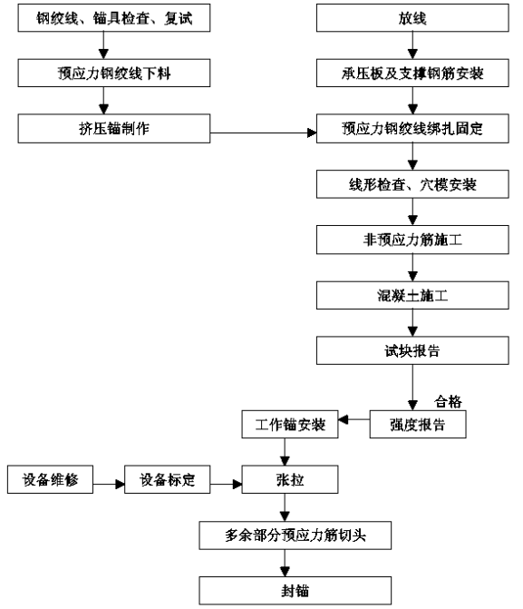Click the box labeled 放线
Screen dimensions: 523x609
click(412, 18)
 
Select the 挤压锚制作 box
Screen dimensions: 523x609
click(114, 129)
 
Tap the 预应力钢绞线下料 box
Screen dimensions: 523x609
click(114, 73)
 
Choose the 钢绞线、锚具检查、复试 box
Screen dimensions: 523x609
click(114, 18)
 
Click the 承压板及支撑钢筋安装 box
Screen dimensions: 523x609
click(412, 73)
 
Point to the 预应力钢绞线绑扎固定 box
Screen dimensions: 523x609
click(412, 129)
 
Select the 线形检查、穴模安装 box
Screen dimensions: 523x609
click(412, 184)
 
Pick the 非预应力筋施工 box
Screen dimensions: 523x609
click(412, 240)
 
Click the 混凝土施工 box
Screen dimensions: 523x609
click(412, 296)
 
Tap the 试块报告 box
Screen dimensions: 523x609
click(412, 350)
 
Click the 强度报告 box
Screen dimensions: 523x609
click(418, 425)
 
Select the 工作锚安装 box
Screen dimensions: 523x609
click(290, 425)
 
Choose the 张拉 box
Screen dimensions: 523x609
click(290, 479)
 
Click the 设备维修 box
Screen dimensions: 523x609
click(50, 479)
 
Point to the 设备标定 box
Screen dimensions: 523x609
click(167, 479)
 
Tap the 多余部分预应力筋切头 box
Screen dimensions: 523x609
click(295, 535)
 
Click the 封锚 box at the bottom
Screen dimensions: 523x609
click(295, 591)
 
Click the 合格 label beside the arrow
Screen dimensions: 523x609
click(448, 401)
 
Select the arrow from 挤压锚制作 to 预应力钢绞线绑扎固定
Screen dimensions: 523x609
click(264, 133)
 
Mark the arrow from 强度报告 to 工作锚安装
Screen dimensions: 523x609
click(354, 419)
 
